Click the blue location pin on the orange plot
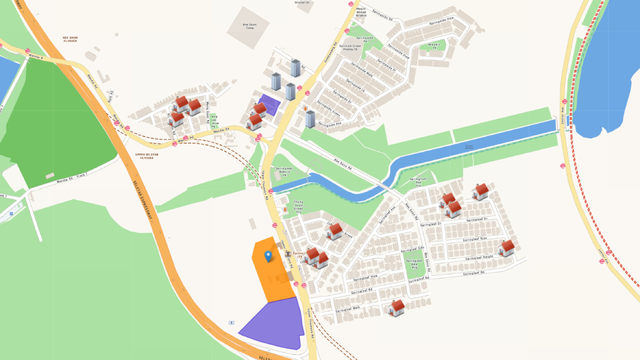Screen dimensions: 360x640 pyautogui.click(x=268, y=257)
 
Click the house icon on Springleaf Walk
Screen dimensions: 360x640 pyautogui.click(x=396, y=308)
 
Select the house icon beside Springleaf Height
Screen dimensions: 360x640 pyautogui.click(x=506, y=249)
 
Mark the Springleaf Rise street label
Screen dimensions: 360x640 pyautogui.click(x=476, y=239)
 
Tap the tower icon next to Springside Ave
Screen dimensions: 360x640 pyautogui.click(x=310, y=119)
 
